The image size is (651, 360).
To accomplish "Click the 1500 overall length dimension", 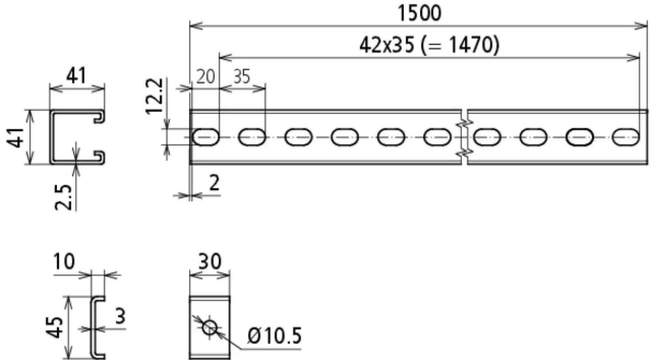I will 420,13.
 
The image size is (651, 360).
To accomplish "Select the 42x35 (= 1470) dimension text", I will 429,45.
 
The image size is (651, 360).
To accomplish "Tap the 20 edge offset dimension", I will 205,77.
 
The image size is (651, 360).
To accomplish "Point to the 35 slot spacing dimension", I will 242,77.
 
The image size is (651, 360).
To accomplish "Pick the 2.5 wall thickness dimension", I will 63,197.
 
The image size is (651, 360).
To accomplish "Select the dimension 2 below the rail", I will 214,183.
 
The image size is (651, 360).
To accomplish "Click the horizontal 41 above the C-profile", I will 76,76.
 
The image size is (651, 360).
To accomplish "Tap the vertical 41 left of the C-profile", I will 15,138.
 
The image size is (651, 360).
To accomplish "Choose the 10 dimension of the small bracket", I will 64,261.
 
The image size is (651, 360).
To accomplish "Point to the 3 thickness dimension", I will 120,316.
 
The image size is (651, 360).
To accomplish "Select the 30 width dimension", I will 210,261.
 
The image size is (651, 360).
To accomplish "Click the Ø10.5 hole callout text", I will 274,336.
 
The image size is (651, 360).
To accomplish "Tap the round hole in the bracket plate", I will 210,327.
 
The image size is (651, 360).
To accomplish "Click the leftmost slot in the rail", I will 206,137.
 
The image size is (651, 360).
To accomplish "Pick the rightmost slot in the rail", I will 625,137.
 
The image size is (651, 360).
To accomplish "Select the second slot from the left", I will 252,137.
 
